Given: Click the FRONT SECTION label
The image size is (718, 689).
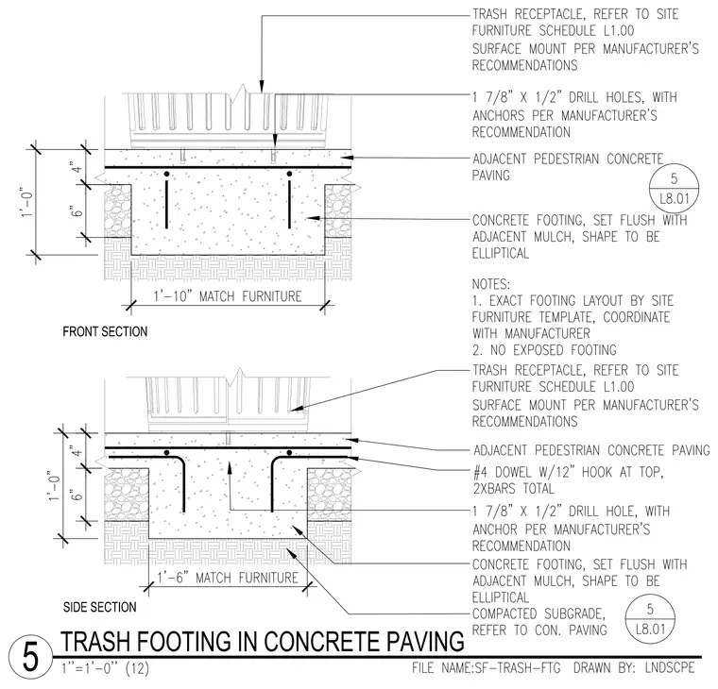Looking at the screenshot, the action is (105, 331).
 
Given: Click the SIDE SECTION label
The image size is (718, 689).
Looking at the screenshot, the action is (100, 607).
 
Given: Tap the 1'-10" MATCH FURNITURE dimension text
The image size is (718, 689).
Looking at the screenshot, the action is (228, 296).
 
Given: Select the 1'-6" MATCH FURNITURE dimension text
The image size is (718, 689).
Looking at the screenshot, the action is (228, 578).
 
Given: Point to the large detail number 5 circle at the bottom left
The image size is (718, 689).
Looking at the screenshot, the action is (30, 658).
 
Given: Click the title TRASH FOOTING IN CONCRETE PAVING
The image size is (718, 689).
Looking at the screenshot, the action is (263, 641).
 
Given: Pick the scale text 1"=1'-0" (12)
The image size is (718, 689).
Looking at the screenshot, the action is (105, 668).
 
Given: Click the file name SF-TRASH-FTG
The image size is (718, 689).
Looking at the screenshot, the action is (486, 668).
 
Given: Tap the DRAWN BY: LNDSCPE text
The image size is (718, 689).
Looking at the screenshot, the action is (634, 668).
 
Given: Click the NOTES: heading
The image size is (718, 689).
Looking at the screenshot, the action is (491, 284).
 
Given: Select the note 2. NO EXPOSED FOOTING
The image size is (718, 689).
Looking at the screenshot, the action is (544, 350).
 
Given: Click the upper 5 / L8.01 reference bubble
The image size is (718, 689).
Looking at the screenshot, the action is (674, 188).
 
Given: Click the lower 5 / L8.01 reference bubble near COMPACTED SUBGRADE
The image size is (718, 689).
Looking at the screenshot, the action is (650, 618).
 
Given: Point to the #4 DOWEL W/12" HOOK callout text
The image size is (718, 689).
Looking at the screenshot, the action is (569, 479).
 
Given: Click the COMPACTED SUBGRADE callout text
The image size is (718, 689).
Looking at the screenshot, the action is (539, 622).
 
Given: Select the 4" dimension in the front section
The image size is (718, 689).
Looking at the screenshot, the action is (78, 167).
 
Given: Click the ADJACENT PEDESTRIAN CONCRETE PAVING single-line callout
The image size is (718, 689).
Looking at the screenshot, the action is (591, 450).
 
